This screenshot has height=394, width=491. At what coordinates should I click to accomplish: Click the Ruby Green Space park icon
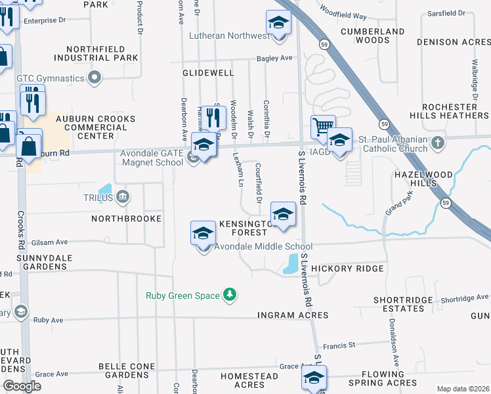point(230,295)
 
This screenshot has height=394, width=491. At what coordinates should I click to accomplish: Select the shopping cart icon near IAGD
point(322,127)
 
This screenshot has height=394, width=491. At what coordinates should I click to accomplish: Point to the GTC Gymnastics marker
point(95,78)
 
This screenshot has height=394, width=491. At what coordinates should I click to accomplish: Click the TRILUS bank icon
point(123,196)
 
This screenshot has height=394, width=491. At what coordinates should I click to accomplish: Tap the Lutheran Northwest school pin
point(279,24)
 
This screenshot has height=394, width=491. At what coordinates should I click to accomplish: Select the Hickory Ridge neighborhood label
point(347,269)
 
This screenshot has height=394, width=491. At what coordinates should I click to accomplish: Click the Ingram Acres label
point(293,316)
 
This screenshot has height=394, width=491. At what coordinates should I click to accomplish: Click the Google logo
point(22,386)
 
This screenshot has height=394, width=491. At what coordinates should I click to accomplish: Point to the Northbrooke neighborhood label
point(127,218)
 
